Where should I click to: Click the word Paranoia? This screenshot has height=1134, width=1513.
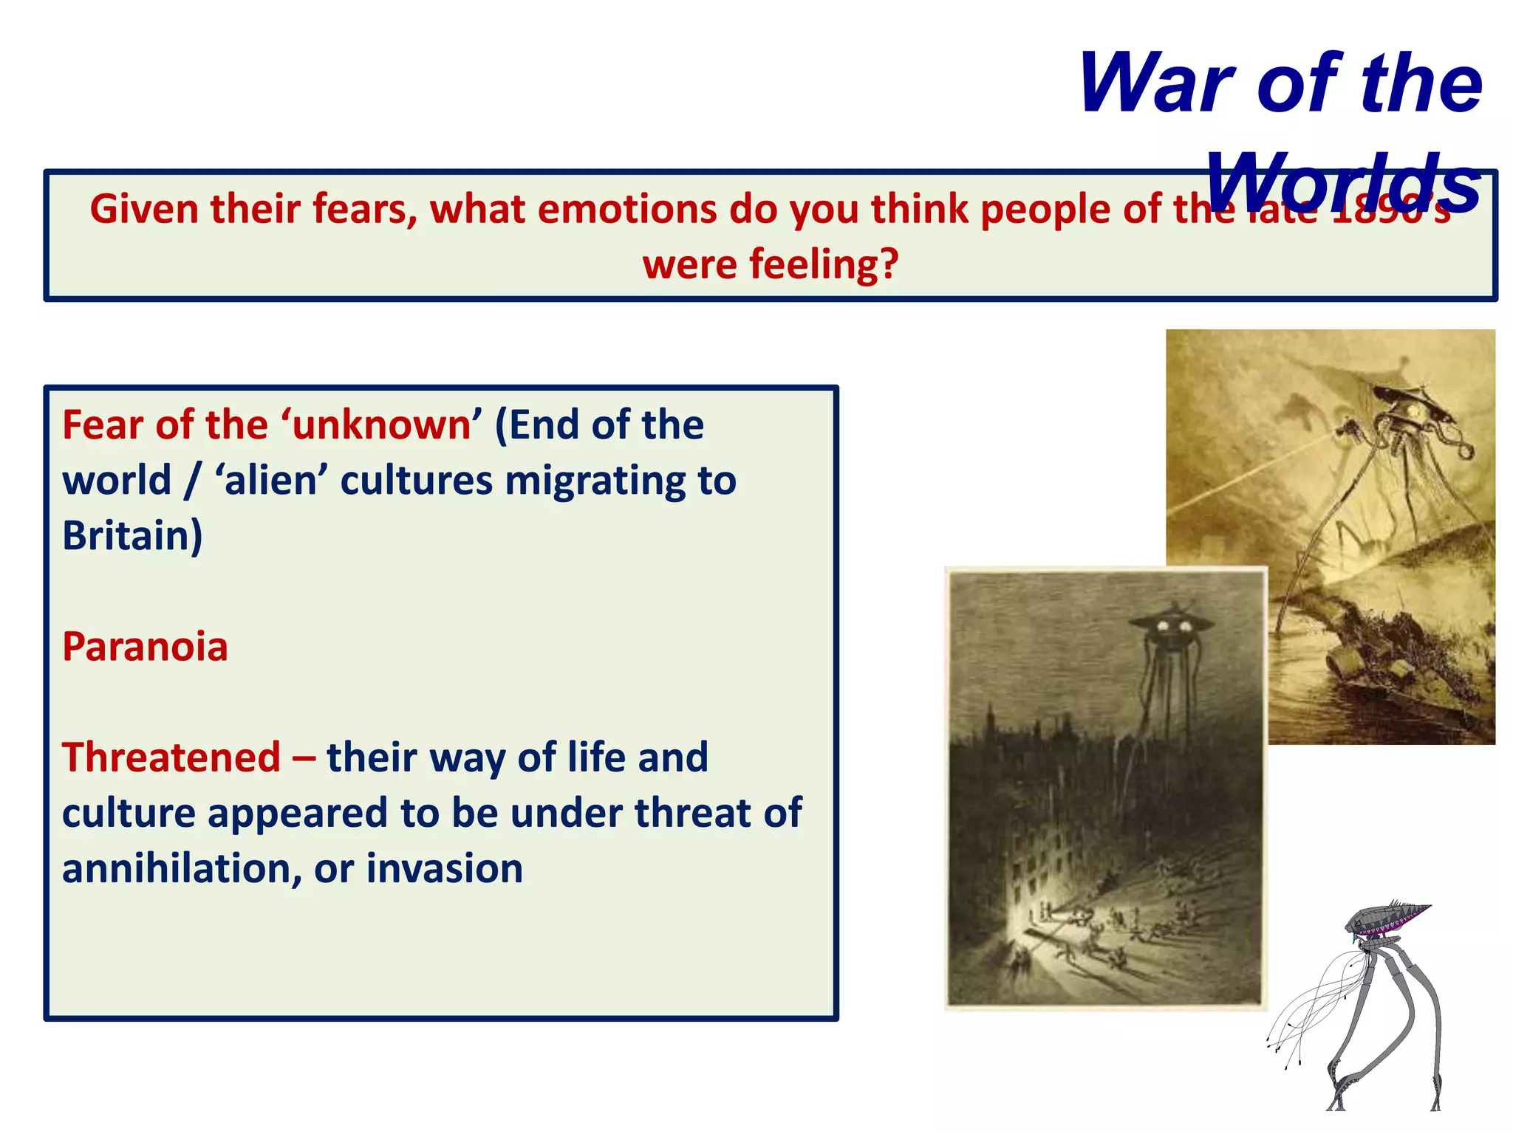click(145, 647)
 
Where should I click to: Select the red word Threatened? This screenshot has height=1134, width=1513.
click(171, 757)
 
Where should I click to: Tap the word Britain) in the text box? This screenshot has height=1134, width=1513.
click(132, 536)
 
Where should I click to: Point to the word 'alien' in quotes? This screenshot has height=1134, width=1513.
click(270, 481)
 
